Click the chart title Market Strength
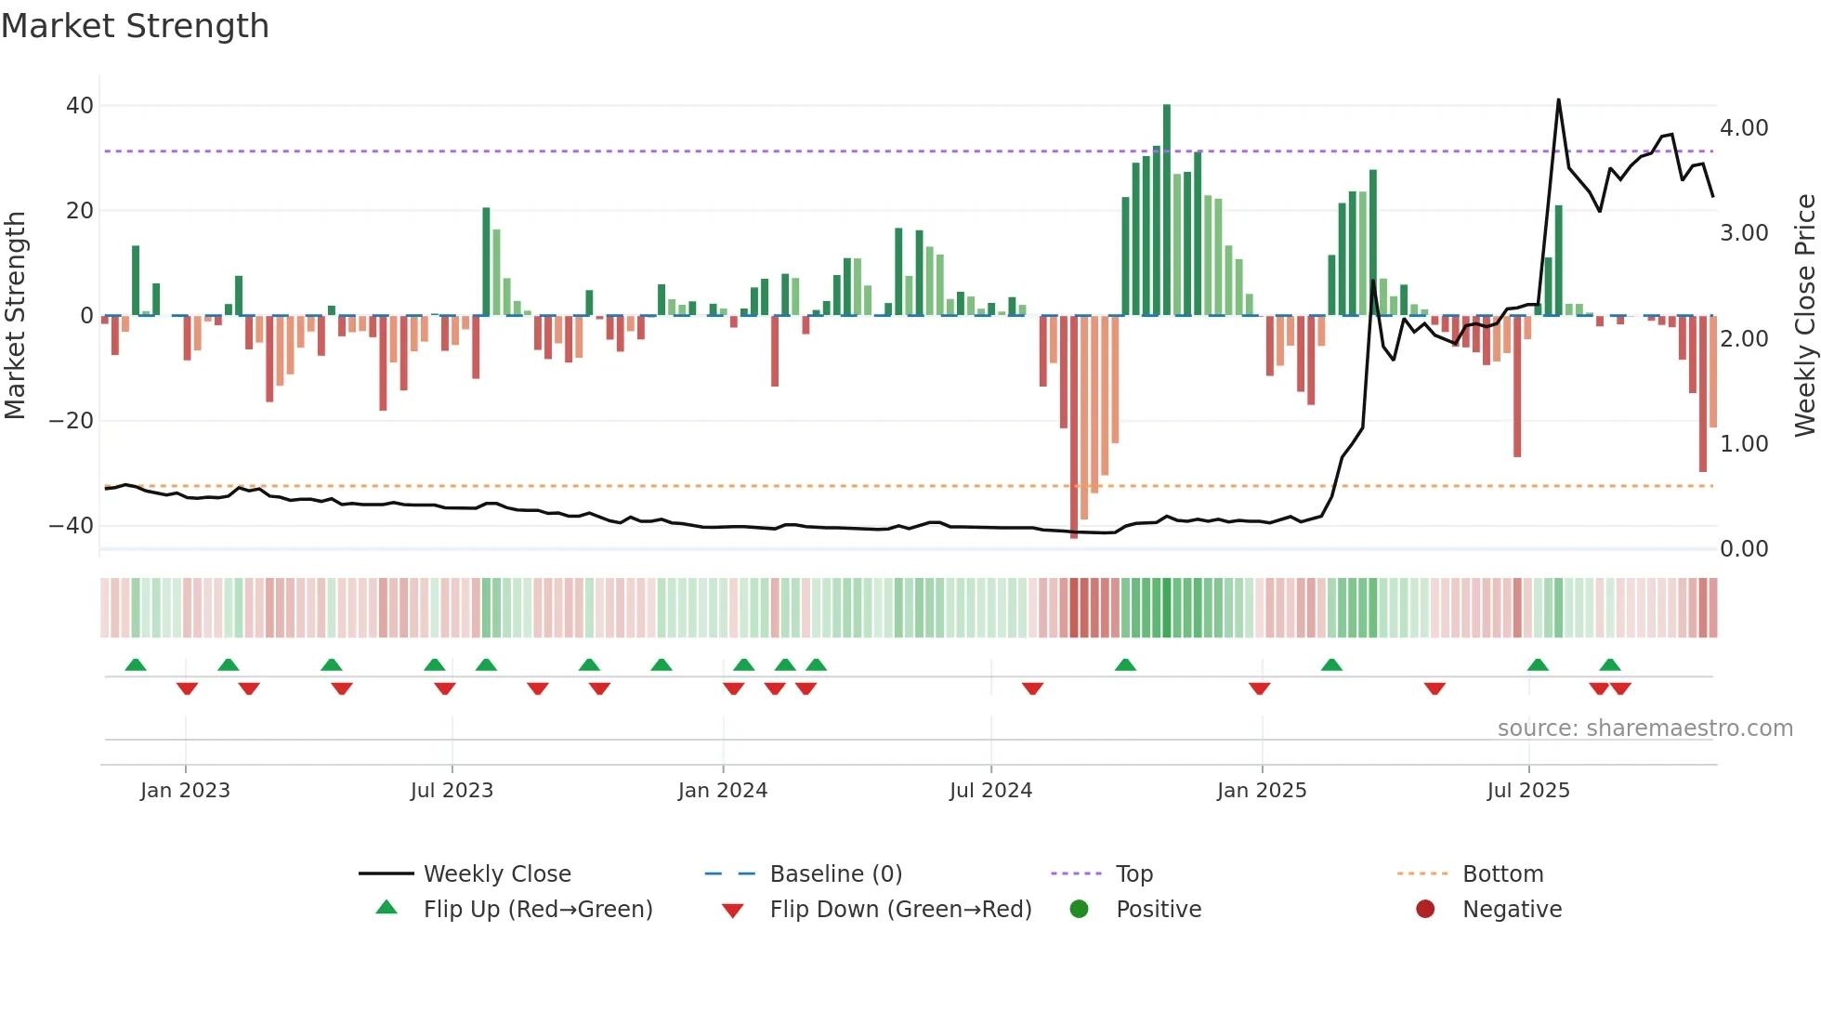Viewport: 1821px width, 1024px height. (x=135, y=26)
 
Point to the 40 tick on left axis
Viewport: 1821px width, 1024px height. (x=79, y=106)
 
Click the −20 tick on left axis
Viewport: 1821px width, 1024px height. (x=72, y=421)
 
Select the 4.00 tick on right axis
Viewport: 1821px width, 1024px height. (x=1744, y=128)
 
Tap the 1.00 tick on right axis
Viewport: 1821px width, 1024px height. (x=1744, y=444)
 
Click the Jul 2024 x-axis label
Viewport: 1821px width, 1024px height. (x=990, y=791)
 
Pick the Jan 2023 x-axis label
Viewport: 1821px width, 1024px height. (x=185, y=791)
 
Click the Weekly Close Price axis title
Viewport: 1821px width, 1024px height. (x=1804, y=316)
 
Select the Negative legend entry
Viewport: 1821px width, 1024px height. (x=1512, y=910)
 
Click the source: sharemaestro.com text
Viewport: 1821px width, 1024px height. (x=1644, y=729)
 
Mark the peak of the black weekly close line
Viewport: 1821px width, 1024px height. (x=1558, y=100)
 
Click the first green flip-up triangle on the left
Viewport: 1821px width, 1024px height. (x=136, y=665)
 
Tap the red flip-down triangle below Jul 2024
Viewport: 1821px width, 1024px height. (x=1032, y=689)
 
